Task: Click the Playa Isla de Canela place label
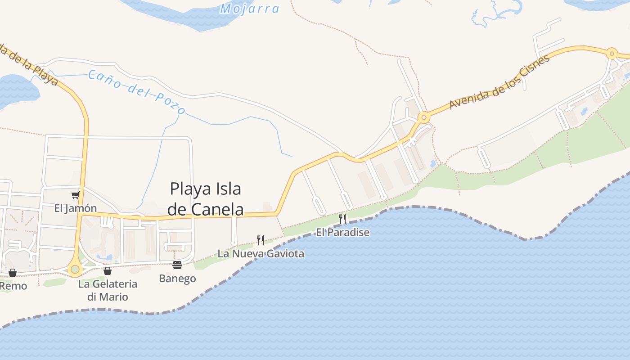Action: (x=205, y=199)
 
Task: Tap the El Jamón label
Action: (x=76, y=208)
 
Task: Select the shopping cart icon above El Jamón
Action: (x=75, y=195)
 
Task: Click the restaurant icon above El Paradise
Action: (x=342, y=219)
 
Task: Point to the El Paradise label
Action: (x=342, y=232)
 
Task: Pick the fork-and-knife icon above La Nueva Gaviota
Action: (x=261, y=240)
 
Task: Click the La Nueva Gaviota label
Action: (x=261, y=253)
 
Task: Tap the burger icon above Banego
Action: (x=177, y=265)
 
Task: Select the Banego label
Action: (x=177, y=278)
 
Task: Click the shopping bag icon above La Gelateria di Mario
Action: (x=108, y=271)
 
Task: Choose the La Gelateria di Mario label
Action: (x=108, y=290)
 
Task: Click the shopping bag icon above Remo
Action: (x=13, y=273)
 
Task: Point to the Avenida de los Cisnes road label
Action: (x=499, y=82)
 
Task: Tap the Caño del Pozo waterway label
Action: (x=136, y=92)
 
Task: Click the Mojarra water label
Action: (x=250, y=9)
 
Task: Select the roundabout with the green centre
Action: (x=75, y=270)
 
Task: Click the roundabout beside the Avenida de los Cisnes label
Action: (x=423, y=118)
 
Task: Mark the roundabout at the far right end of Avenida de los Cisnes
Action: (x=612, y=54)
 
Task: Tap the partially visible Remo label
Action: (x=13, y=286)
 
